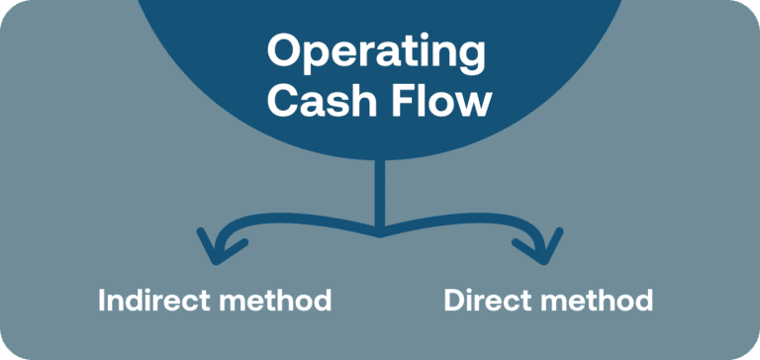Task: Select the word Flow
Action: click(441, 101)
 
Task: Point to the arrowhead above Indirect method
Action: click(212, 248)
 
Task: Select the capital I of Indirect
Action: click(102, 300)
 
